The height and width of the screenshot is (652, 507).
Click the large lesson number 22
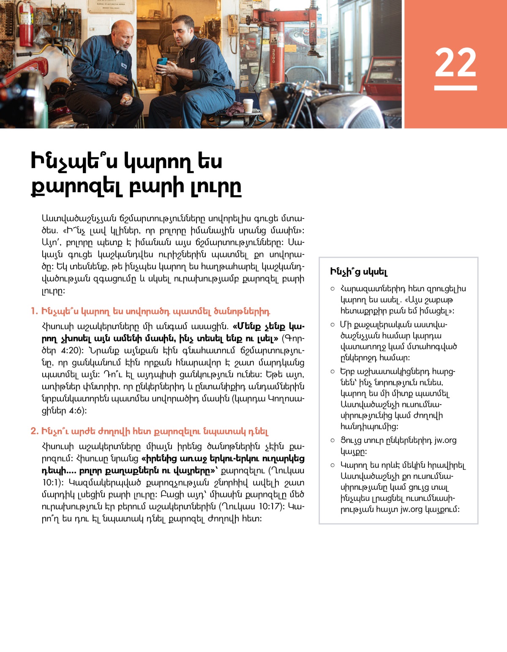click(x=455, y=63)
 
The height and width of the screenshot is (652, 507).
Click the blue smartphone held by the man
click(x=162, y=63)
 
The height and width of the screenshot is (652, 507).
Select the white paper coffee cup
click(x=248, y=106)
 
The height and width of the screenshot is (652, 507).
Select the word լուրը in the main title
click(x=215, y=186)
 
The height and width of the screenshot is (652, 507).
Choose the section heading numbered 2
click(x=150, y=431)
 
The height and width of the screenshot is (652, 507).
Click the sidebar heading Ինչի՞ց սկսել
click(x=359, y=272)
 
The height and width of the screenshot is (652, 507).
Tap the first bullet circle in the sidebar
click(x=333, y=289)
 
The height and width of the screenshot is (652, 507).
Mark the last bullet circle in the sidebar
click(x=333, y=465)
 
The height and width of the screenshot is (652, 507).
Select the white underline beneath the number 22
click(x=455, y=88)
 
